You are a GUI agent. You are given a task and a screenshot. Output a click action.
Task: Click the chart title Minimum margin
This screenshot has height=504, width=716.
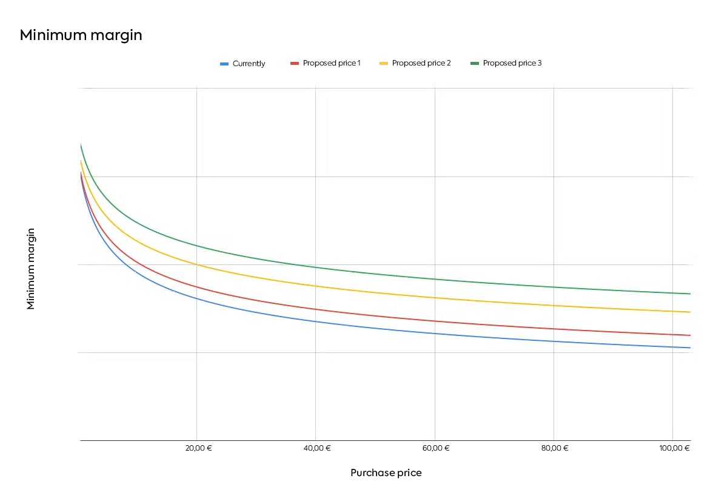pyautogui.click(x=81, y=35)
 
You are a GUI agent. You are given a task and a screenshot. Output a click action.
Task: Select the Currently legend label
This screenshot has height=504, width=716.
pyautogui.click(x=249, y=64)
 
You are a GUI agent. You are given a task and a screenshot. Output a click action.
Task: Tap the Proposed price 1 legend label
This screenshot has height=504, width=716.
pyautogui.click(x=332, y=63)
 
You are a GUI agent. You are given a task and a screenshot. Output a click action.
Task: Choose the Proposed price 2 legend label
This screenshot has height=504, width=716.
pyautogui.click(x=421, y=63)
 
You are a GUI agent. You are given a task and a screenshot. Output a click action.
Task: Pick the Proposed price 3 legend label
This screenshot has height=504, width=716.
pyautogui.click(x=512, y=63)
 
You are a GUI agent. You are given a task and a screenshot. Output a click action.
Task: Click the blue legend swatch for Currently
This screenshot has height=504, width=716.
pyautogui.click(x=224, y=64)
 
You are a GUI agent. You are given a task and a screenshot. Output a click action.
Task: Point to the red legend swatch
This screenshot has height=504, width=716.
pyautogui.click(x=295, y=63)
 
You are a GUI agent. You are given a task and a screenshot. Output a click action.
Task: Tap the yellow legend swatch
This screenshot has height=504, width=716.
pyautogui.click(x=384, y=63)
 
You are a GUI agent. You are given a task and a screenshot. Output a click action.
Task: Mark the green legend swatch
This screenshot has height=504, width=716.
pyautogui.click(x=475, y=63)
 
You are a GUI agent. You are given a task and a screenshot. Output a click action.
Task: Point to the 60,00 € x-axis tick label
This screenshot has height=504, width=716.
pyautogui.click(x=437, y=448)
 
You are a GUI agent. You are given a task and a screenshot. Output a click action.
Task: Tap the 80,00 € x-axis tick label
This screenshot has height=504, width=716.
pyautogui.click(x=555, y=448)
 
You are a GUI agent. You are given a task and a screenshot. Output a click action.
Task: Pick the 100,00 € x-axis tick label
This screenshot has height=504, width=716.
pyautogui.click(x=674, y=448)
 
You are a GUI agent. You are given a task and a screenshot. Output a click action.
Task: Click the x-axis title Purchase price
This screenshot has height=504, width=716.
pyautogui.click(x=386, y=473)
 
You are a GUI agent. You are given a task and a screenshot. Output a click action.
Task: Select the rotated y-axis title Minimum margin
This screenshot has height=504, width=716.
pyautogui.click(x=31, y=269)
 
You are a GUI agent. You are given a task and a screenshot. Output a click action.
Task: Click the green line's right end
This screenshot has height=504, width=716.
pyautogui.click(x=690, y=294)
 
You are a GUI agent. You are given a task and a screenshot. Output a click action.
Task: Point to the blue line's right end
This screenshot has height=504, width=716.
pyautogui.click(x=690, y=348)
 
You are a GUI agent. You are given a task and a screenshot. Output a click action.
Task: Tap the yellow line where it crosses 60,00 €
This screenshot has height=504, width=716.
pyautogui.click(x=435, y=298)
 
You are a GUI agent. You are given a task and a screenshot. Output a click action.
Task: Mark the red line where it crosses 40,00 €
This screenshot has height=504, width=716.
pyautogui.click(x=315, y=309)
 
